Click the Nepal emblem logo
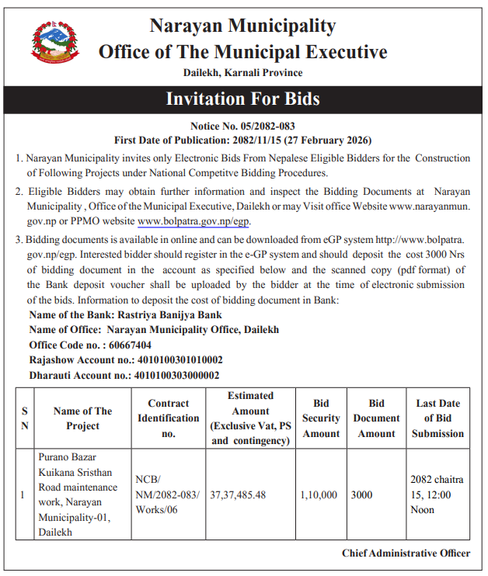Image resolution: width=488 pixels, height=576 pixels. point(54,43)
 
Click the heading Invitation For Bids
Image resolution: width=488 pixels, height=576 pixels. point(243,99)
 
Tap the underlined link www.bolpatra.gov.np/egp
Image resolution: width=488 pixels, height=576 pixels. point(193,221)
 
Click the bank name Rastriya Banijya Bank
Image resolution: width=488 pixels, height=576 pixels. point(169,315)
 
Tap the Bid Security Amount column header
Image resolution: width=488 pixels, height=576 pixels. point(321,418)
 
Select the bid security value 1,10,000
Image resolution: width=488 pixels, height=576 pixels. point(319,494)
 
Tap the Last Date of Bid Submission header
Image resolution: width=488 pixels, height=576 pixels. point(438,418)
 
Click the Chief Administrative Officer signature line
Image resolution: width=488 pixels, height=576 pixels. point(406,553)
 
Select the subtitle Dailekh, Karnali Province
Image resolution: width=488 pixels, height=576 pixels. point(243,73)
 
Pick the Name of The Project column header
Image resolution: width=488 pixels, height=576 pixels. point(82,418)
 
